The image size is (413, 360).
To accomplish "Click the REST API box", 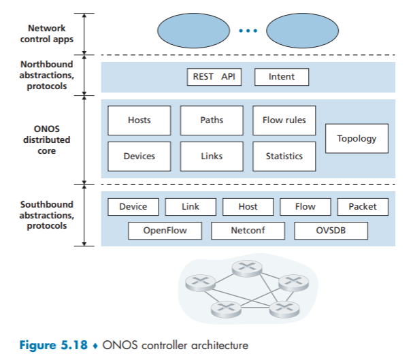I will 212,77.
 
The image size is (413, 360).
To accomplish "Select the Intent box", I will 281,77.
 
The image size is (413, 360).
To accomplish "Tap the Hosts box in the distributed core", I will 139,120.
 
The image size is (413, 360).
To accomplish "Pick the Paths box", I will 212,120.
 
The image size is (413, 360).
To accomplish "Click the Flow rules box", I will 284,120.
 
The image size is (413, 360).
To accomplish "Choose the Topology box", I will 357,138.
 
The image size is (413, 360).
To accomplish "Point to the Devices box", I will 139,156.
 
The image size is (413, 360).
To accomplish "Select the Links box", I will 212,156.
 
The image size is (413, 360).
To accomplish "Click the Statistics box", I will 284,156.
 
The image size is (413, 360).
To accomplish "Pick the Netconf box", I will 248,231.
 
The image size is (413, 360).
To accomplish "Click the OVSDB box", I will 331,231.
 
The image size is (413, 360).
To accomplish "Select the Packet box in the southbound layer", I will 362,207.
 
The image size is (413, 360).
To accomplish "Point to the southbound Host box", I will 248,207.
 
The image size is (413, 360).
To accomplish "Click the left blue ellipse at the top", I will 194,31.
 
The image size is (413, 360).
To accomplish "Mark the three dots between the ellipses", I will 248,31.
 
